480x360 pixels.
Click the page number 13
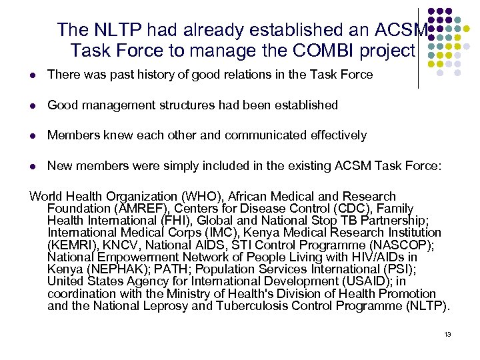tap(448, 333)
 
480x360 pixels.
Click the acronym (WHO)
tap(187, 197)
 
